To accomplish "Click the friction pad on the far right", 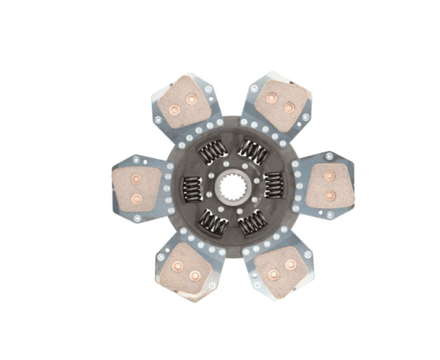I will (328, 185).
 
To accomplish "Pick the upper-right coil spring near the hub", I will (252, 151).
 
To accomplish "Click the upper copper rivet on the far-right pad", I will (329, 176).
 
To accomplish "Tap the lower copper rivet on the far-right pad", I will (329, 196).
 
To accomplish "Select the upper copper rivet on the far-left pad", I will (136, 178).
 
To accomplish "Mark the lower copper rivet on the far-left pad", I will (136, 199).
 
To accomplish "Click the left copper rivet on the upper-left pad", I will (175, 111).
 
